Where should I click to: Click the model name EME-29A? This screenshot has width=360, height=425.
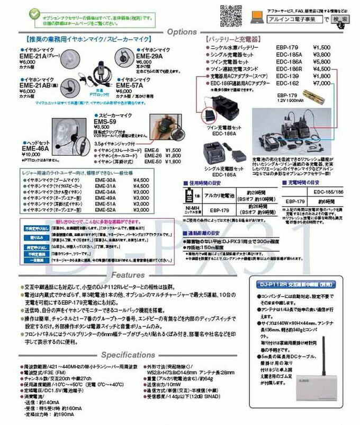152,55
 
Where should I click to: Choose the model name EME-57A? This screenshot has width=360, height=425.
130,84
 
